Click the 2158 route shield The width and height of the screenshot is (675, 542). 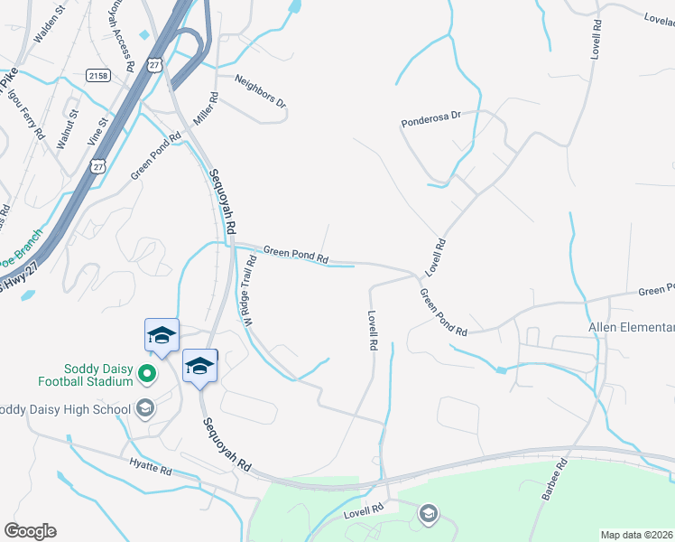(x=98, y=76)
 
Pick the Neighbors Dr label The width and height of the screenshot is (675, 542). (x=260, y=92)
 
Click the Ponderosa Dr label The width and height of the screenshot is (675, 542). (x=431, y=120)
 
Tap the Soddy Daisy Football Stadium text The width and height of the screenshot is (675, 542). (x=98, y=375)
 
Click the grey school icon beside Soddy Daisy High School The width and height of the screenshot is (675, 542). (x=144, y=408)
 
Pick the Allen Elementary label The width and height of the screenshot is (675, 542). (x=631, y=327)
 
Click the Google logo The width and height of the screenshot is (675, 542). (x=30, y=531)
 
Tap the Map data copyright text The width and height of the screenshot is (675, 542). (x=637, y=535)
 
